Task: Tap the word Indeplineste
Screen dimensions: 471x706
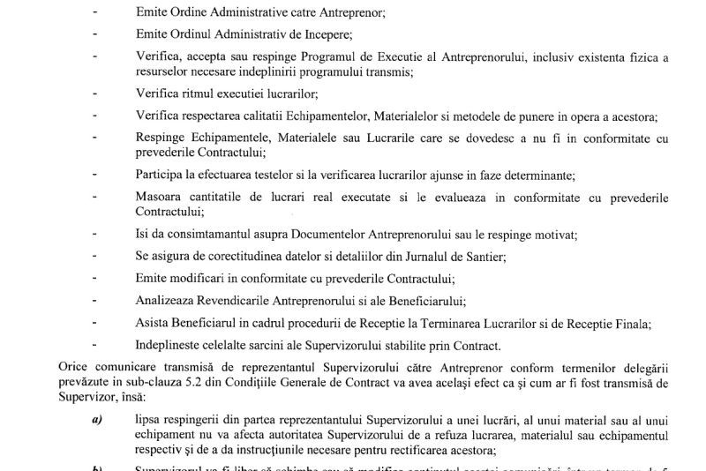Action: tap(169, 345)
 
